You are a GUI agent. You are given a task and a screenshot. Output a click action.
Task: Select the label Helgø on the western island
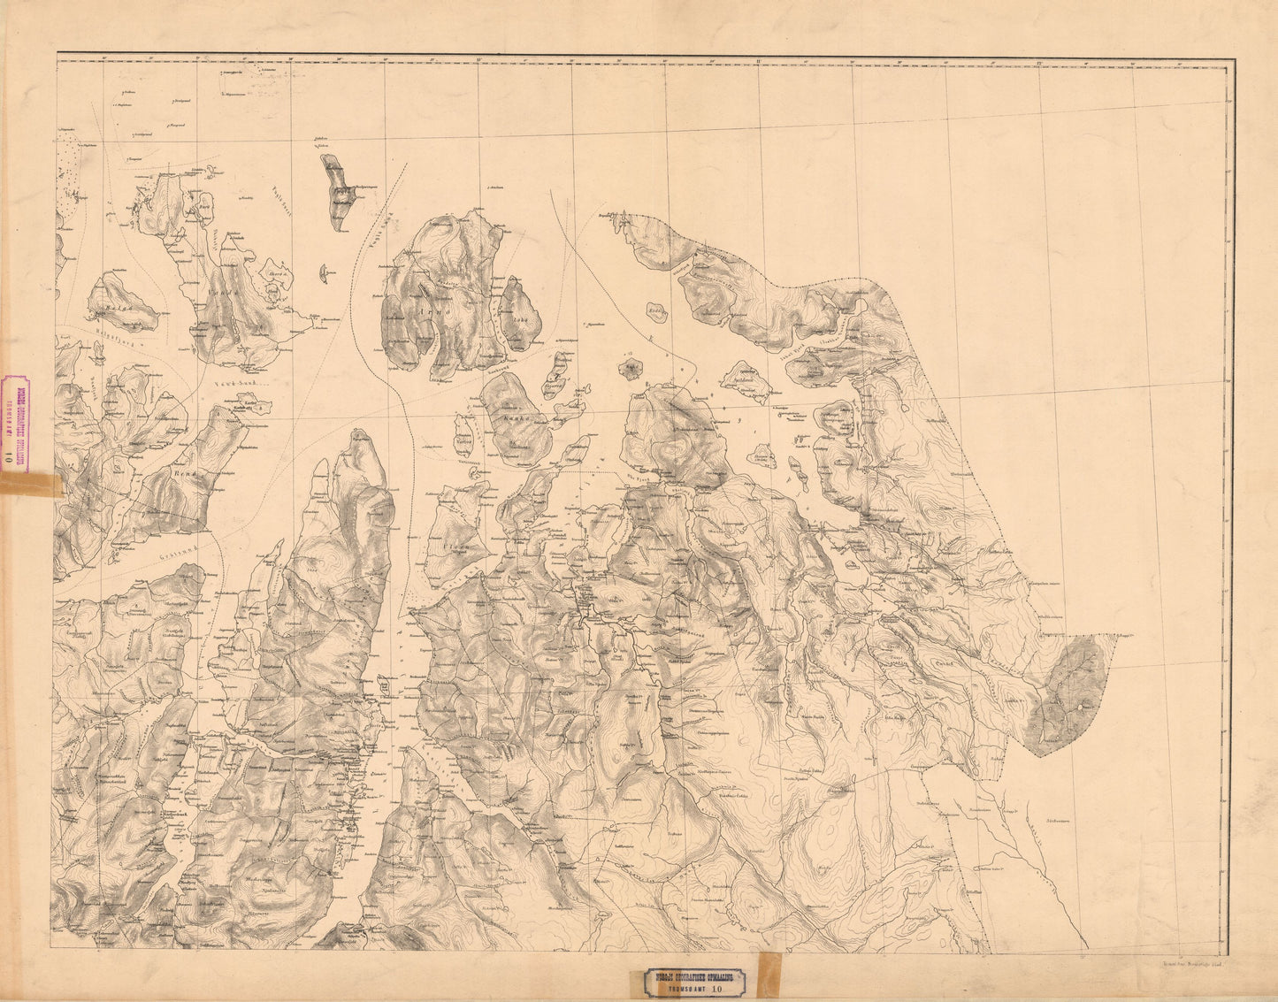pos(117,308)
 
